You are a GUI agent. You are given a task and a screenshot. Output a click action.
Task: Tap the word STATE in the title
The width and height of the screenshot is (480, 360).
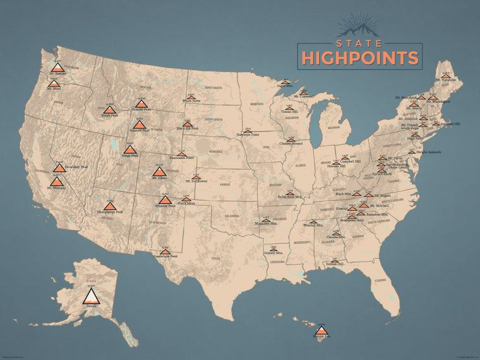coord(359,44)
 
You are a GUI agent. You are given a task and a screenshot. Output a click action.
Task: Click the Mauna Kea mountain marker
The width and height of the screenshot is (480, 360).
coord(321,331)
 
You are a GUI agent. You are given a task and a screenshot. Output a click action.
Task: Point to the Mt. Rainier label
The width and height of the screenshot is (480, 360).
coord(57,74)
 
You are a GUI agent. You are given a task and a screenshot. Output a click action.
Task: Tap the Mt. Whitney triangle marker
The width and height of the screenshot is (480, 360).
coord(57,182)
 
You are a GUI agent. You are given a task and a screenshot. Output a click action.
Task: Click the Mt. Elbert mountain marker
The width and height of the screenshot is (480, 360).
coord(159,171)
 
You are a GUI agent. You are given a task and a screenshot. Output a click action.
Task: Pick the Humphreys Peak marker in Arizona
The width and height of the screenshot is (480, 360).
coord(110,206)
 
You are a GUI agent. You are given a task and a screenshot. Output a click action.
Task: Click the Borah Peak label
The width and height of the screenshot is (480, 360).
coord(110,116)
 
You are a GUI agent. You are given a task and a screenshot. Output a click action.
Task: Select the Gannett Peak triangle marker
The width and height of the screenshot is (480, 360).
coord(139,124)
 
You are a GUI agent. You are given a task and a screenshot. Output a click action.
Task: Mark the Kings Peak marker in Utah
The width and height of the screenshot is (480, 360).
coord(130,150)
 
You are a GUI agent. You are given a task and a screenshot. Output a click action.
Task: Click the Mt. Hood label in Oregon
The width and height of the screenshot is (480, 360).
coord(54,89)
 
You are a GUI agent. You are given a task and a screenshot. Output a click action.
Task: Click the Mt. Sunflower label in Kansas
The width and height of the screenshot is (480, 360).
coord(196,181)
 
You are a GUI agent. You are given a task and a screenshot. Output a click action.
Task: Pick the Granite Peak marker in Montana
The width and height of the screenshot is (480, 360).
coord(141,104)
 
